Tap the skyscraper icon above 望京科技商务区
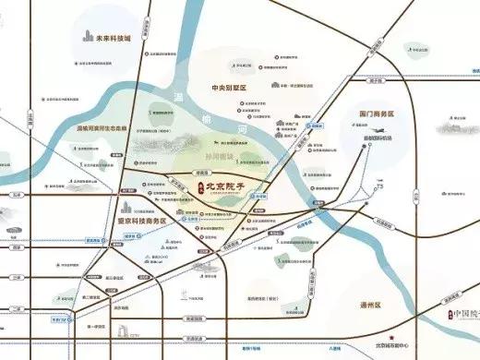[128, 205]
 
